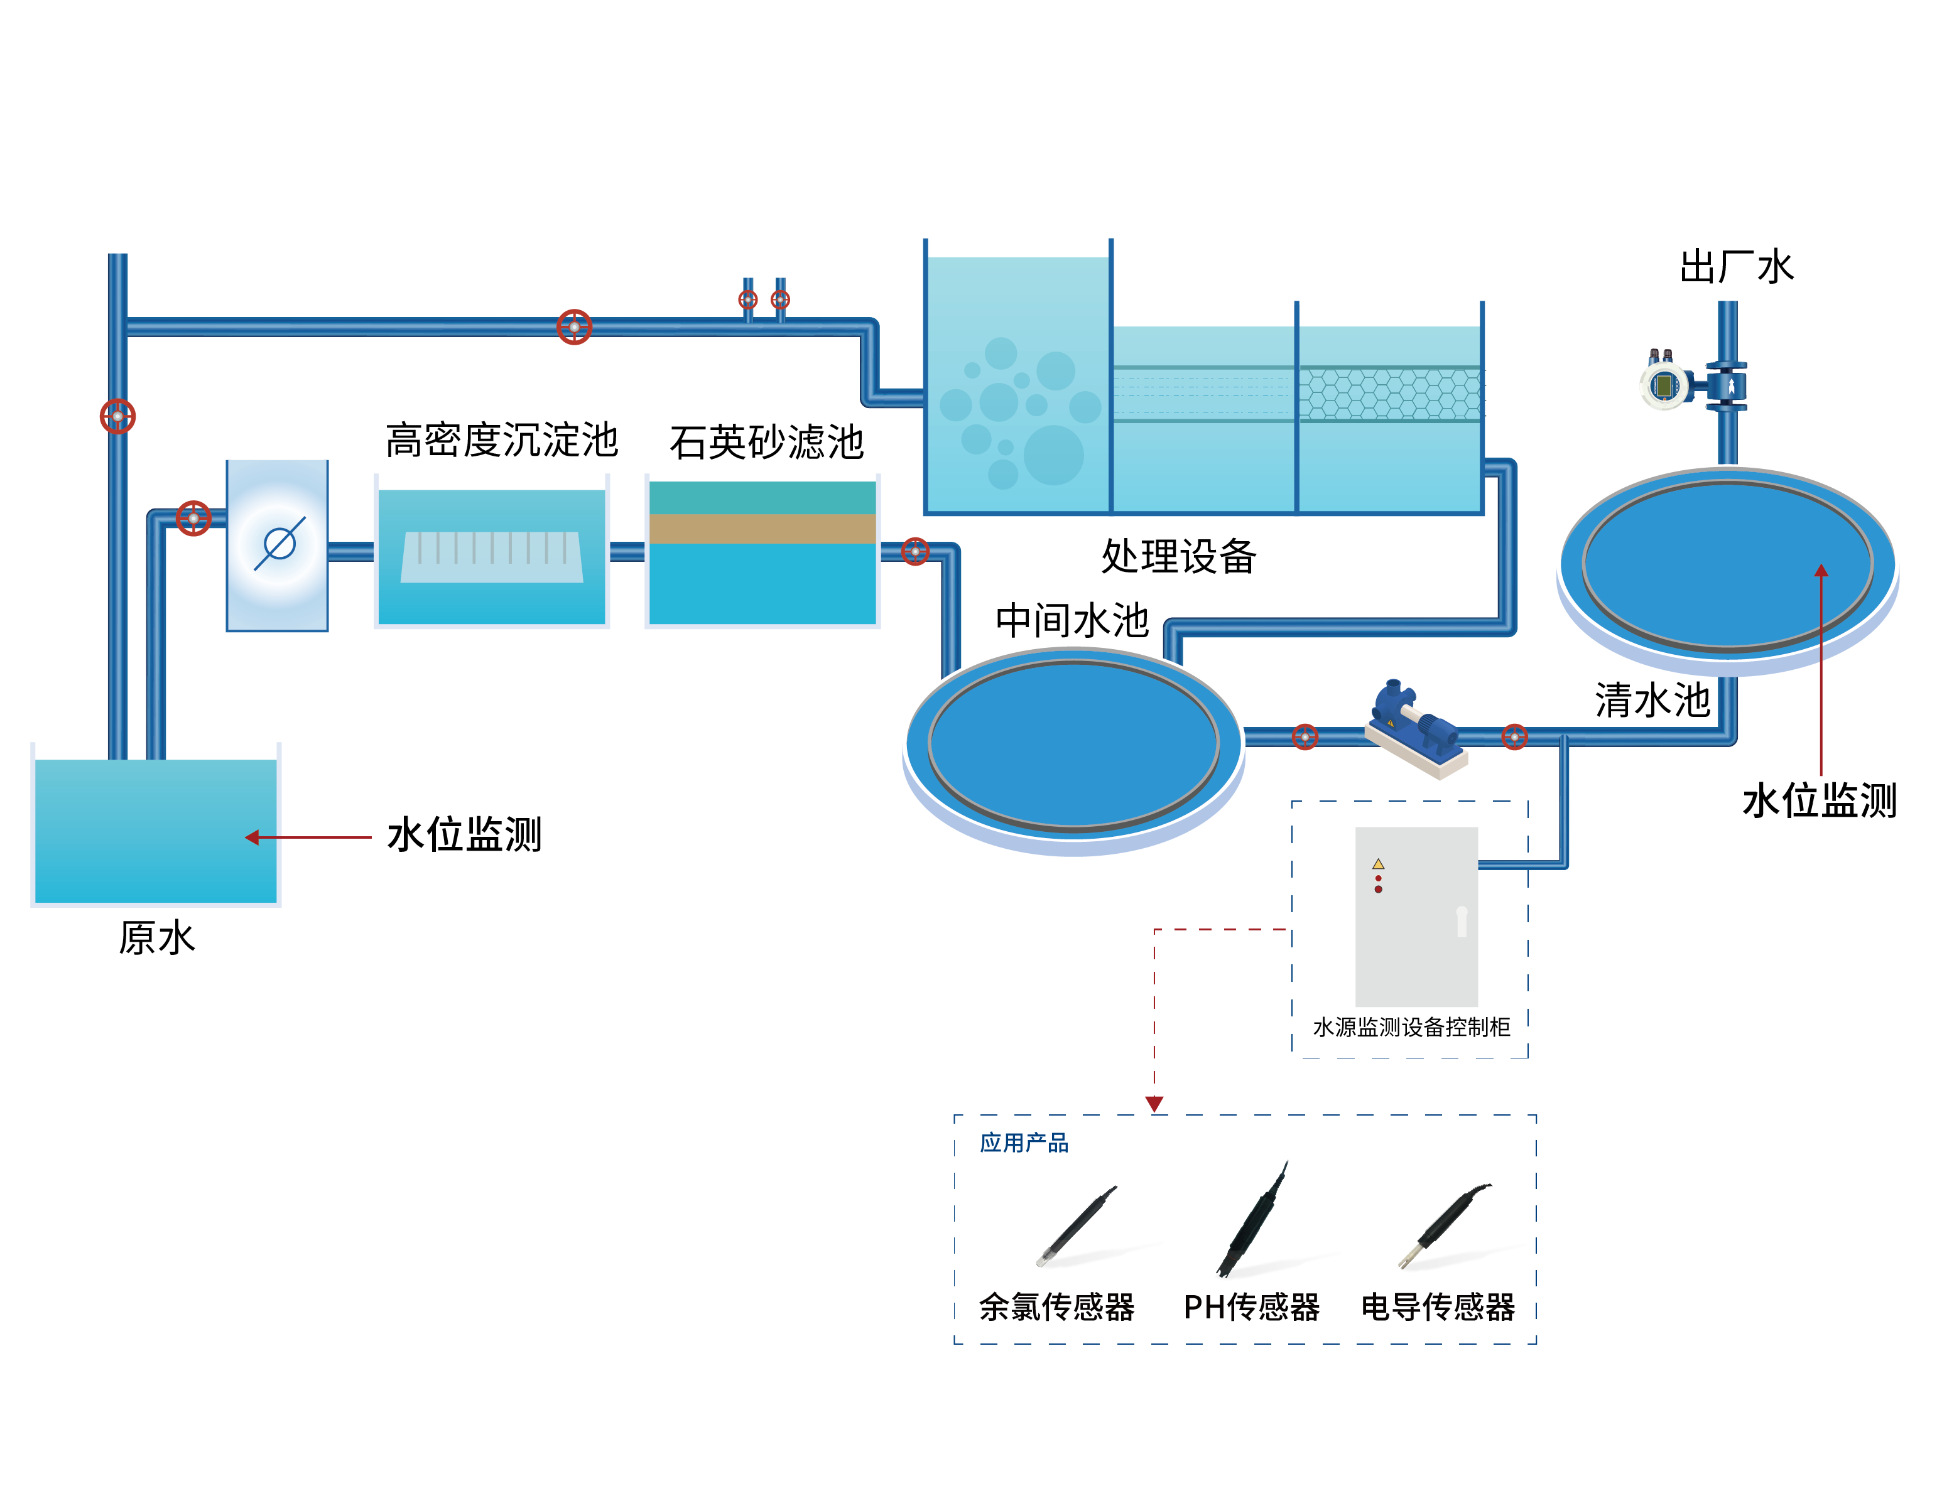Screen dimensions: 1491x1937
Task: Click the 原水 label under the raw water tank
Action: pos(157,938)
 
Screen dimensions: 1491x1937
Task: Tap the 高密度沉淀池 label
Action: pos(501,441)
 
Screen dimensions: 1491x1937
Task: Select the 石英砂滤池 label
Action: pos(766,443)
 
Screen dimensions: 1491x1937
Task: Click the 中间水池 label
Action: pos(1072,620)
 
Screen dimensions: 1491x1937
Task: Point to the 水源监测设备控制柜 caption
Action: pos(1411,1028)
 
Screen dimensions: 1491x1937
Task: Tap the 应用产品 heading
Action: pos(1024,1143)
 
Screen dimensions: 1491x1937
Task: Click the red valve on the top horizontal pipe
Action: pos(574,327)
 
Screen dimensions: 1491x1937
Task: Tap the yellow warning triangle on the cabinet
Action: pos(1378,863)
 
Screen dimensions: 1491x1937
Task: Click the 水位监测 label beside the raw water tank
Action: pos(464,835)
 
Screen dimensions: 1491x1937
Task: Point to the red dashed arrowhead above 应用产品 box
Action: pos(1154,1104)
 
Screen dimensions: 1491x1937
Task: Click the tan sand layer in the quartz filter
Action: pos(762,529)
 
